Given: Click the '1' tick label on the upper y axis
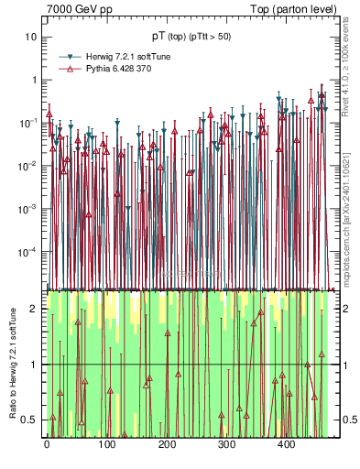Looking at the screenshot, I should pos(33,80).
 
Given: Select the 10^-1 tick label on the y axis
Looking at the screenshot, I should pos(28,122).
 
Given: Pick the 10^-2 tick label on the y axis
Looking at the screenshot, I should pos(28,165).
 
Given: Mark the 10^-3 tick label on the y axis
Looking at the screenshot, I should pos(28,208).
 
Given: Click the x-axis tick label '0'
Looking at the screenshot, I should pos(47,446).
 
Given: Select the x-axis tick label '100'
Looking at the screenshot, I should pos(106,446).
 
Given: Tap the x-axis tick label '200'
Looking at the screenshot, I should pos(167,446).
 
